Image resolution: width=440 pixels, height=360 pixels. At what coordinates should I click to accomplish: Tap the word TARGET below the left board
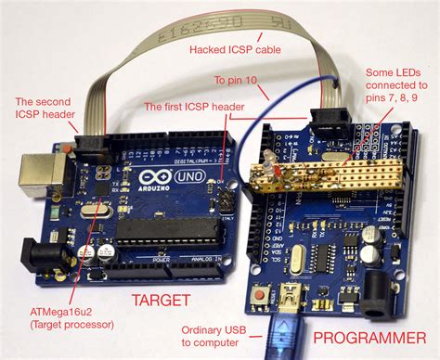coord(161,300)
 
